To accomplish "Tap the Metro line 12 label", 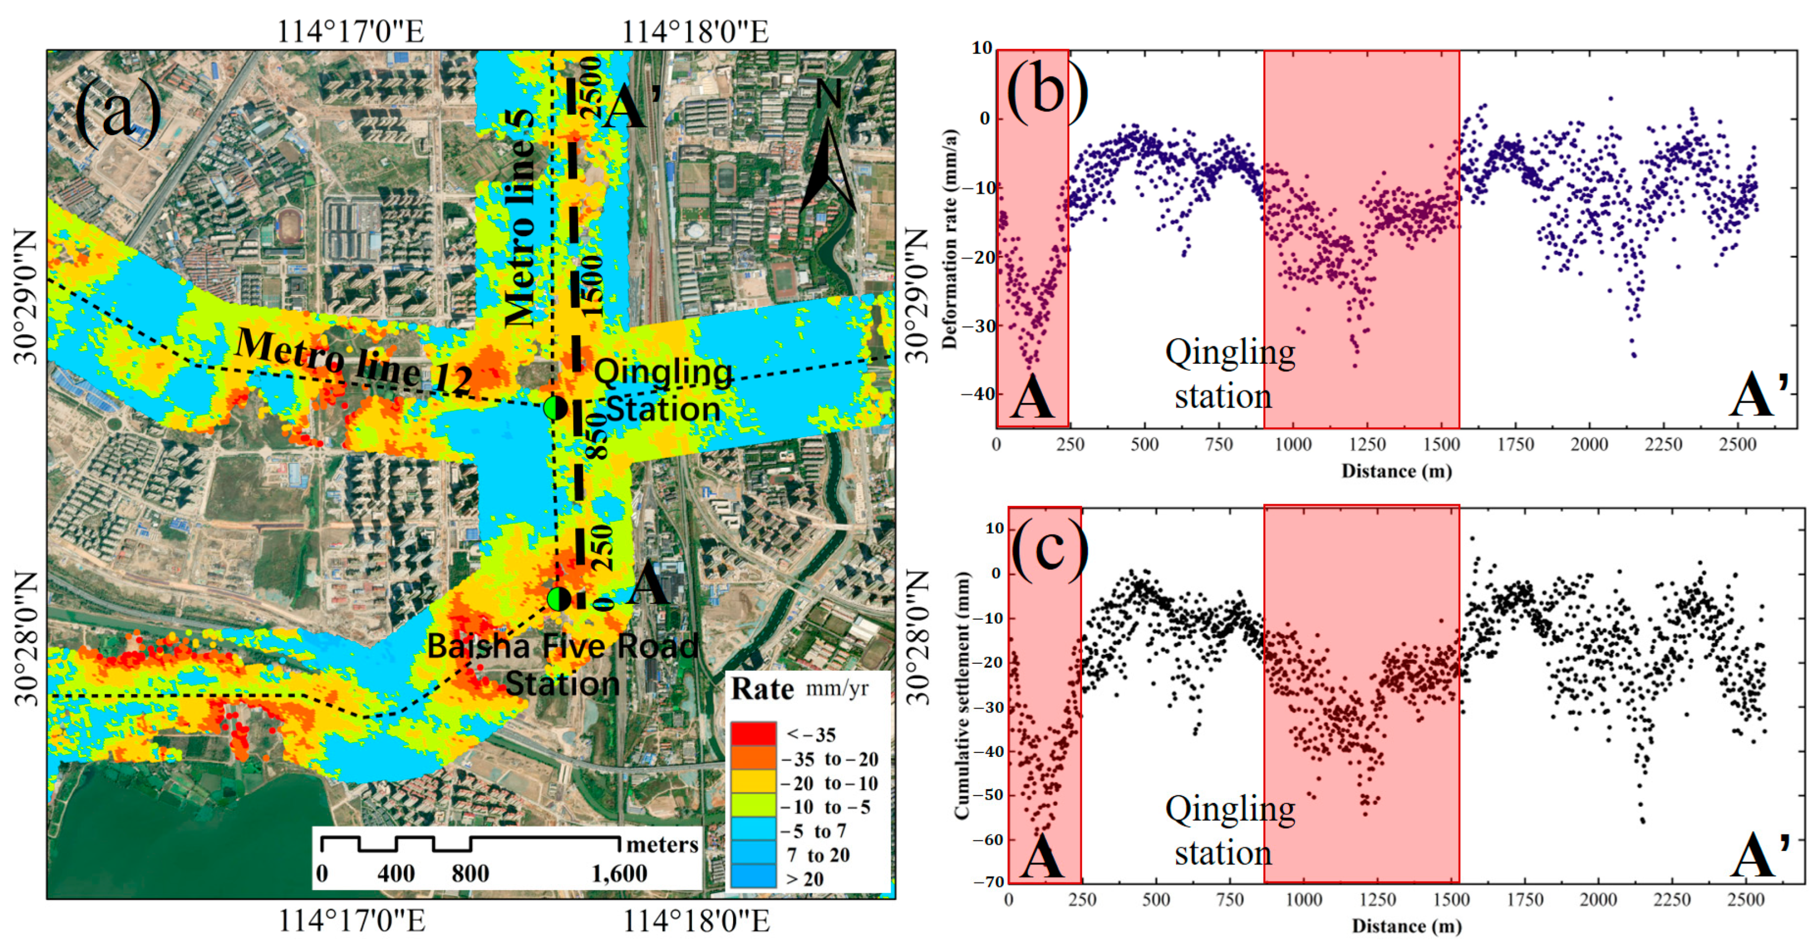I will point(354,361).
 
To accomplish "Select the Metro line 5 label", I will point(523,219).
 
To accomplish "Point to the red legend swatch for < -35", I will point(753,734).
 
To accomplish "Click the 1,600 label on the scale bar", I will point(619,874).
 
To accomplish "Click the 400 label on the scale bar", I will point(396,874).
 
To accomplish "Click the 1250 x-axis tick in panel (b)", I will point(1367,445).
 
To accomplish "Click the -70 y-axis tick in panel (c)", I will point(988,881).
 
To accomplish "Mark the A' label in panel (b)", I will point(1759,396).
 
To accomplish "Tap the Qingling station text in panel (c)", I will point(1229,830).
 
